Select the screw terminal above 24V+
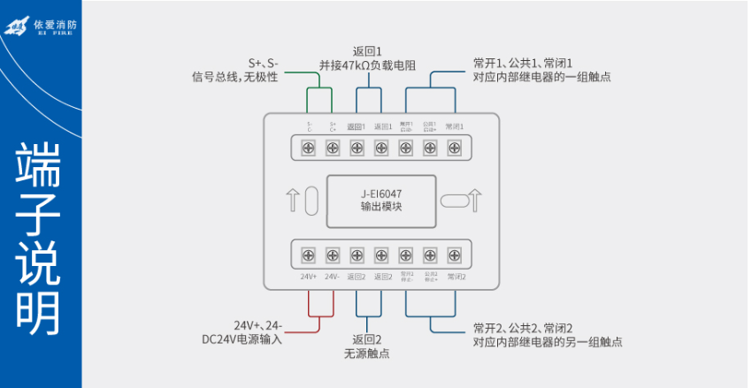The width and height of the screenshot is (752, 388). pos(309,255)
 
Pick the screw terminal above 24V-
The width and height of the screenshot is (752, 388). pos(333,255)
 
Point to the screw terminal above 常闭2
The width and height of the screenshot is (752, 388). pos(455,255)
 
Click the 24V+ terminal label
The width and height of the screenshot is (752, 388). pos(309,277)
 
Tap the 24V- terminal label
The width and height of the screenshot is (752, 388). pos(333,277)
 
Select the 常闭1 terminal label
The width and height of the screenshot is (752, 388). pos(455,126)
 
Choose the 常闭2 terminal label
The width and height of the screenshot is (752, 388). pos(456,277)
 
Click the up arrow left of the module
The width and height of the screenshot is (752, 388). pos(293,200)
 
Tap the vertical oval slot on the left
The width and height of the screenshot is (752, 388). pos(311,201)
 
